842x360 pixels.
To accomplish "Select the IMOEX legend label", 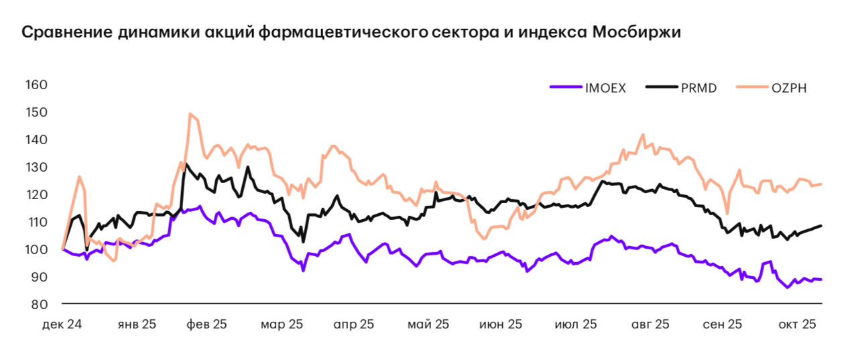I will pos(605,88).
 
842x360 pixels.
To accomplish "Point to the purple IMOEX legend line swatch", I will pos(565,88).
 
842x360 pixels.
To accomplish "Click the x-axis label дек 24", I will pos(62,324).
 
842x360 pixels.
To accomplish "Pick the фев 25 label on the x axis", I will pos(206,324).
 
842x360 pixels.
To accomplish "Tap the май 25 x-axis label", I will pos(428,324).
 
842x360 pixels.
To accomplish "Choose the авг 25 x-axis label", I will pos(649,324).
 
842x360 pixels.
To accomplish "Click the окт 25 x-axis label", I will pos(797,324).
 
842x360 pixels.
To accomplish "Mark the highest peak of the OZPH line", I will pos(190,114).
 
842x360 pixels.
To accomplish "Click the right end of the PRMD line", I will pos(821,226).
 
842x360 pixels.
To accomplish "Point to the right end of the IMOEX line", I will pos(821,280).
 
